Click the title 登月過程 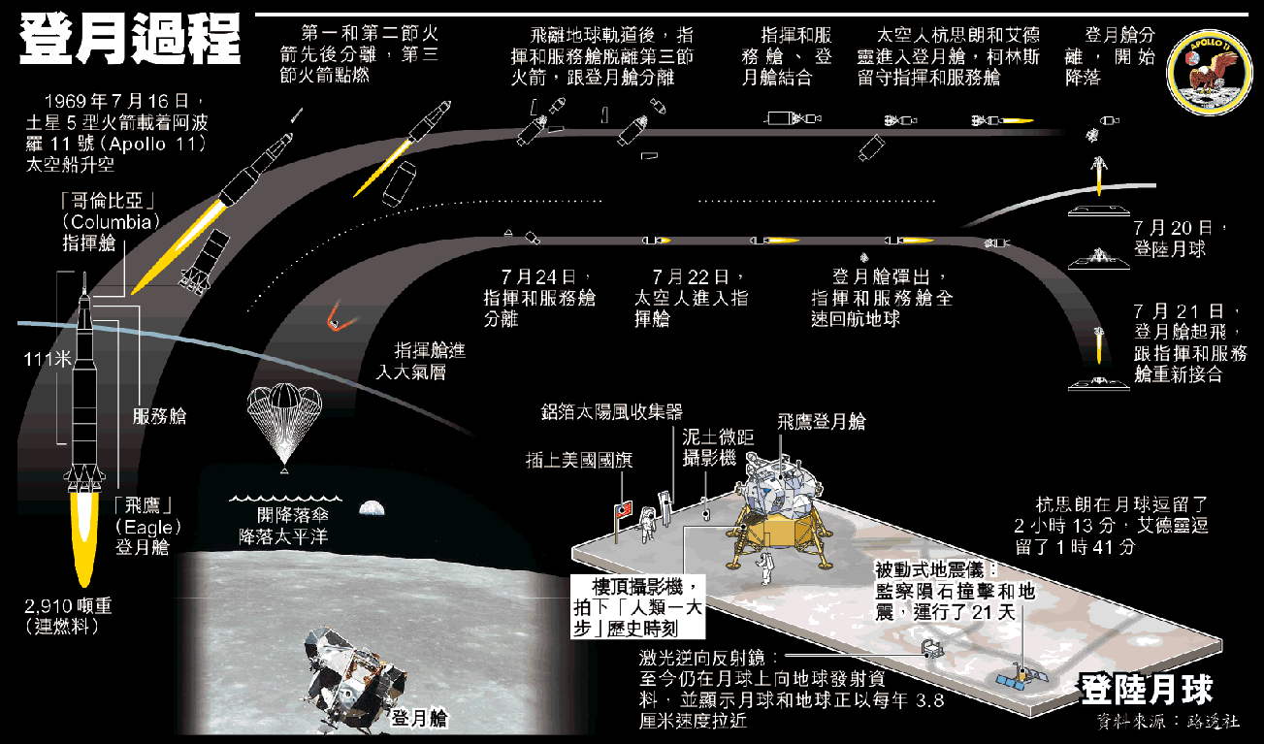pos(131,38)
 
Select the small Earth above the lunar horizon pos(372,506)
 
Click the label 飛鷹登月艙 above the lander pos(821,422)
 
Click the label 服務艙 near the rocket pos(159,417)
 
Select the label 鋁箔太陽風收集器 pos(612,412)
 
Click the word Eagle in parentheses pos(147,527)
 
